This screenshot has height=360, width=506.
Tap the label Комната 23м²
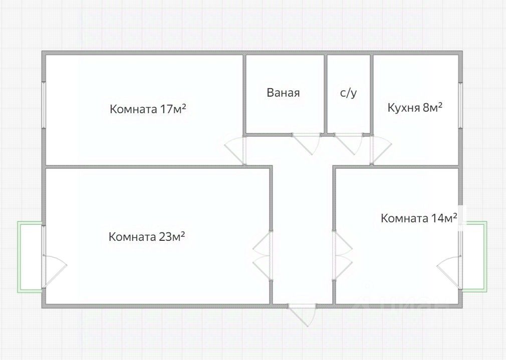(x=147, y=237)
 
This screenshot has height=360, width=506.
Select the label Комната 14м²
(x=419, y=218)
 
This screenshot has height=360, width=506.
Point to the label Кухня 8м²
(x=415, y=107)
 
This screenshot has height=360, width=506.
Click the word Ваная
(x=283, y=93)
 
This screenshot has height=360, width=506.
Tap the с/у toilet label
(x=348, y=93)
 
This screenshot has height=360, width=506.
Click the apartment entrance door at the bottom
(x=303, y=313)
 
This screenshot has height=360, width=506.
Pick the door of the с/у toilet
(x=349, y=142)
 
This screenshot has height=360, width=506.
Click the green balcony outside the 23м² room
(x=30, y=256)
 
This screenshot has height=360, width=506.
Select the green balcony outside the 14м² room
(x=473, y=256)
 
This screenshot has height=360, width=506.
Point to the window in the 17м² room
(x=44, y=105)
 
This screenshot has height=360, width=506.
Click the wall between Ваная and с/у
(x=325, y=94)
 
